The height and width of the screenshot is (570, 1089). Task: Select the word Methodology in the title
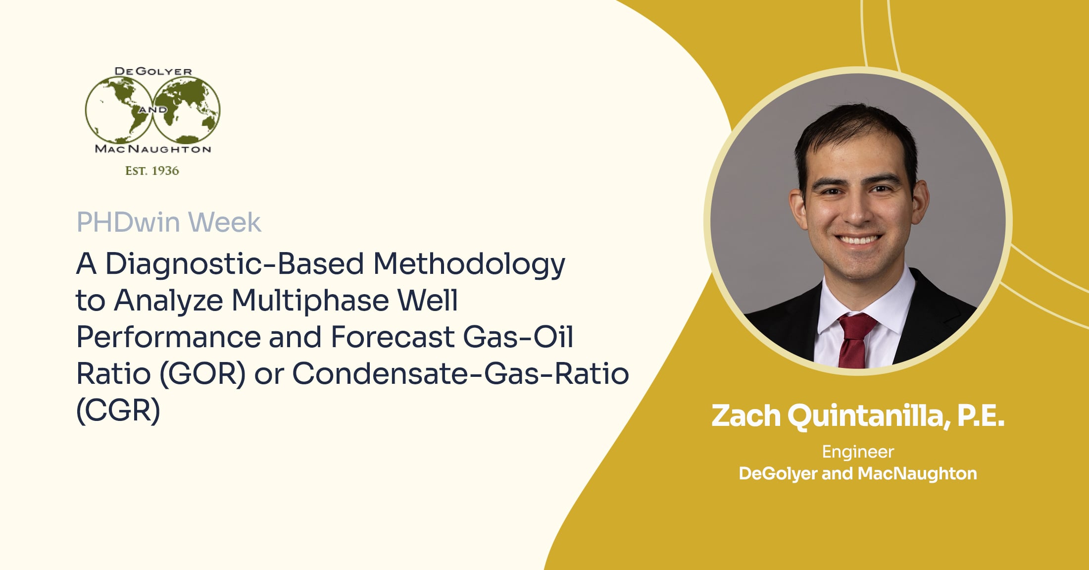pyautogui.click(x=469, y=264)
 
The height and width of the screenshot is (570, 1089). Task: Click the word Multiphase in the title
pyautogui.click(x=310, y=301)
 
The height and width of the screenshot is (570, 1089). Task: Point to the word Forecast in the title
pyautogui.click(x=393, y=337)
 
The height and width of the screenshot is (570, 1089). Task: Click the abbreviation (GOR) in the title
pyautogui.click(x=203, y=374)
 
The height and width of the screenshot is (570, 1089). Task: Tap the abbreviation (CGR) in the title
pyautogui.click(x=118, y=411)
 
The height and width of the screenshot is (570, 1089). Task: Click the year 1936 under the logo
pyautogui.click(x=165, y=171)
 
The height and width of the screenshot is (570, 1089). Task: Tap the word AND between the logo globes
pyautogui.click(x=153, y=109)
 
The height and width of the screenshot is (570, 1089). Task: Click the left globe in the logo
pyautogui.click(x=119, y=110)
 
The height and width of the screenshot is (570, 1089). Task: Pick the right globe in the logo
pyautogui.click(x=187, y=110)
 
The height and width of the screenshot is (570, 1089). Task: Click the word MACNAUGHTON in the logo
pyautogui.click(x=153, y=149)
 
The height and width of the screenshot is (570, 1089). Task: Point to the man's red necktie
pyautogui.click(x=854, y=339)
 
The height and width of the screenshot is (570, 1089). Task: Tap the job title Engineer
pyautogui.click(x=858, y=452)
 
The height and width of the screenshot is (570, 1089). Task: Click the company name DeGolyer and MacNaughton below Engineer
pyautogui.click(x=858, y=474)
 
